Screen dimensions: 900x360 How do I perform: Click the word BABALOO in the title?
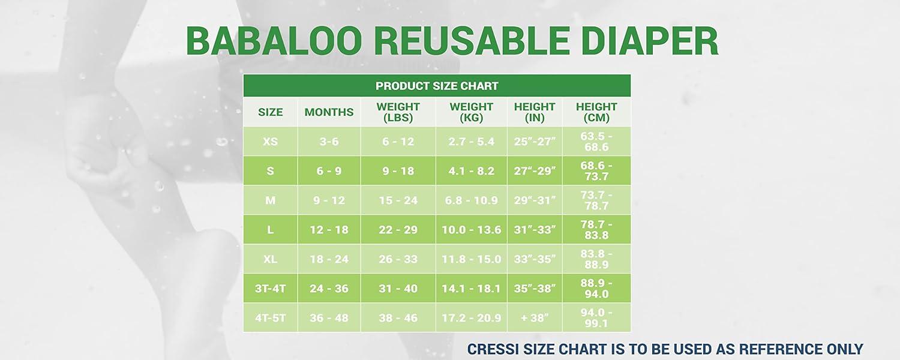274,41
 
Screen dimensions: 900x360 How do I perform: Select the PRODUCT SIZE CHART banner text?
437,86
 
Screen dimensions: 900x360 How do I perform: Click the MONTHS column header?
329,112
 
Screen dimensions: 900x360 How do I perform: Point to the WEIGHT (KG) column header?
471,112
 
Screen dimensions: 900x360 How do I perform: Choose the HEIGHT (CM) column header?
596,112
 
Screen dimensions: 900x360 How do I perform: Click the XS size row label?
271,142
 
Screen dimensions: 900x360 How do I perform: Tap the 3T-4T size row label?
271,289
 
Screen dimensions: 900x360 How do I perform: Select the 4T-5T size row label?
271,318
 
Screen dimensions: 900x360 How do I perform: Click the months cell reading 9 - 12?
329,200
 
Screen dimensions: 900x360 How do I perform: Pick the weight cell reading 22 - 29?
398,230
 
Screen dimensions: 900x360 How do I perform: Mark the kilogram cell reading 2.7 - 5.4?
471,142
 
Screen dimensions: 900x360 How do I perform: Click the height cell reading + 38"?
535,318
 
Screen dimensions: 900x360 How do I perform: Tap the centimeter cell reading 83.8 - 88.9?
596,259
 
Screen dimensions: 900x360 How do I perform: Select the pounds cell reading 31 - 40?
398,289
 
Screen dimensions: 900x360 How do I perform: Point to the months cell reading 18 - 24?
329,259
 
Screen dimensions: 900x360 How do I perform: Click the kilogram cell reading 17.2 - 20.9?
471,318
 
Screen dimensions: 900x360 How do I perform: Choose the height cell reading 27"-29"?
535,171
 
